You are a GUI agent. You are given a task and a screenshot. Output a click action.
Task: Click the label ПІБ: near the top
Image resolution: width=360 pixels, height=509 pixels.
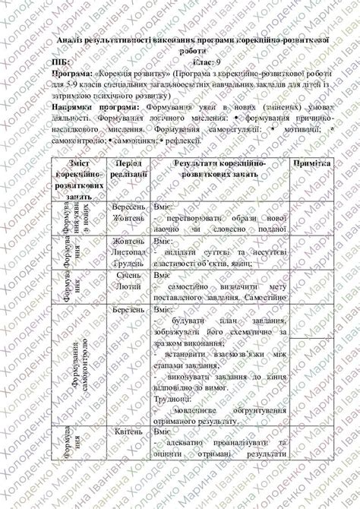pyautogui.click(x=62, y=62)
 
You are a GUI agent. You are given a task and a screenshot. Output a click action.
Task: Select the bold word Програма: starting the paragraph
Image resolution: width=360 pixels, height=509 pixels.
pyautogui.click(x=74, y=74)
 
